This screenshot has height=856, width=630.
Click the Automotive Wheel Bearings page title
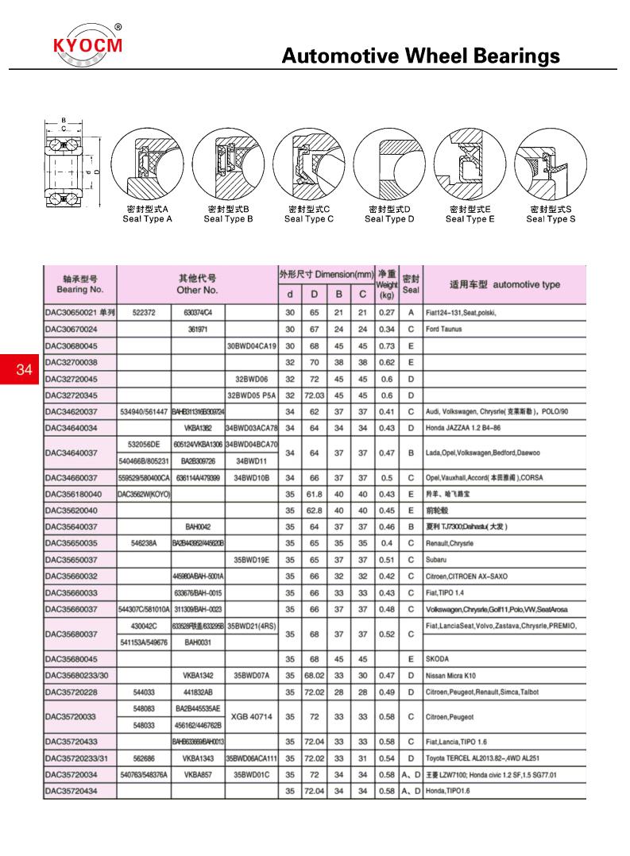[421, 56]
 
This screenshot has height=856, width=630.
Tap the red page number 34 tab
[23, 368]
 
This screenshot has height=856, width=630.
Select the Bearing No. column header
[79, 284]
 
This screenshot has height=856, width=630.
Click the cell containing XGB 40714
[251, 717]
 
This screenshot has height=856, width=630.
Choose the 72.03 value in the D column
[314, 395]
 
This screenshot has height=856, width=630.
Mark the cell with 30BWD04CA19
[251, 345]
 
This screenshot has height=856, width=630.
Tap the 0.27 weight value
[386, 313]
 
